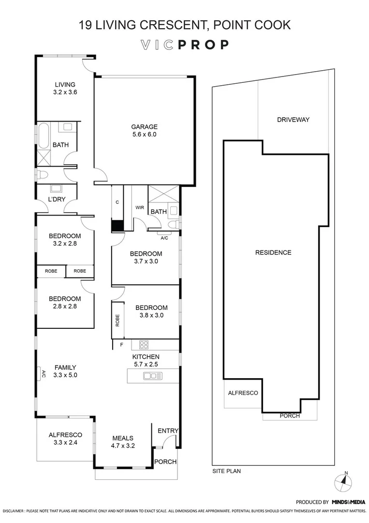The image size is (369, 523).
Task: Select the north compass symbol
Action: [344, 480]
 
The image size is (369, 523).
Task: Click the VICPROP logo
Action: [184, 45]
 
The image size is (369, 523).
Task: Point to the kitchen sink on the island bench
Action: [153, 376]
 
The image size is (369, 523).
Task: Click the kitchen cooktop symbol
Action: [144, 345]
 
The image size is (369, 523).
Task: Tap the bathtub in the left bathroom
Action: [43, 135]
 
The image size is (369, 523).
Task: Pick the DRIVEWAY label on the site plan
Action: [293, 120]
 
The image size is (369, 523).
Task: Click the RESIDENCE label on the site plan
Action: [273, 252]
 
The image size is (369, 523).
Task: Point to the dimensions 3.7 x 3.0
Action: [146, 261]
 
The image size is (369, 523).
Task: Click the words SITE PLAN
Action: [226, 471]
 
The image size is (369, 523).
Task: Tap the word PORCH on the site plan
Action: [290, 416]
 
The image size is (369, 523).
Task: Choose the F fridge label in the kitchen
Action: [121, 345]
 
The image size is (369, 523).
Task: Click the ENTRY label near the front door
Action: [168, 431]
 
